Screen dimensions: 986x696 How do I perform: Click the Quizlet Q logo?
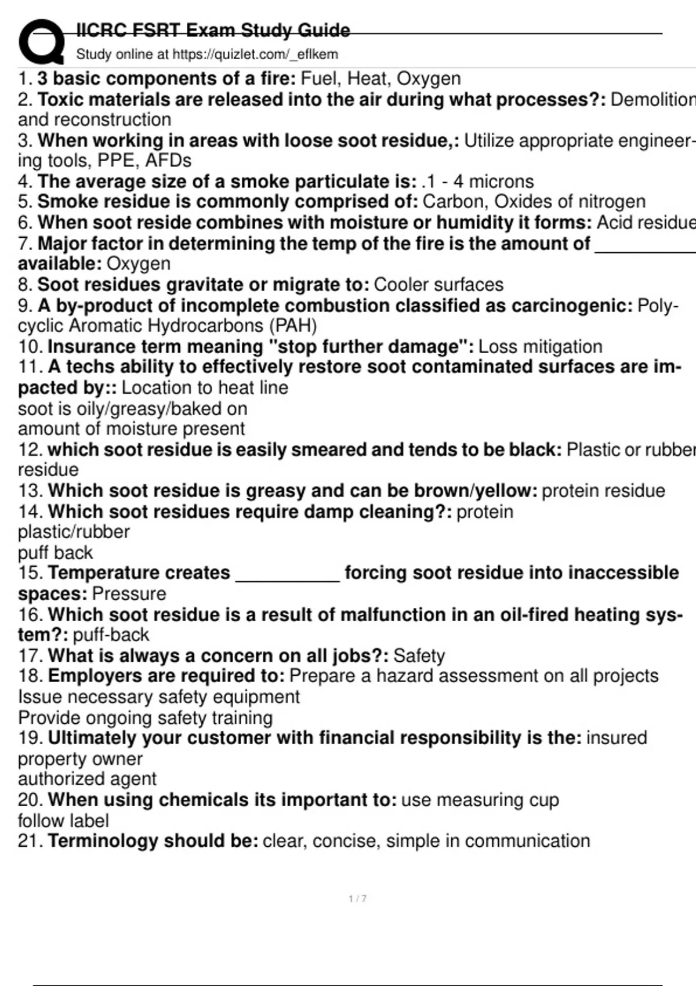click(x=41, y=42)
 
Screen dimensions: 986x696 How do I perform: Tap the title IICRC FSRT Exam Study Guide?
click(x=213, y=30)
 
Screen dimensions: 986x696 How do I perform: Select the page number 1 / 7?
click(x=357, y=898)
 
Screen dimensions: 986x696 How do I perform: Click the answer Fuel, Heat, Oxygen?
click(x=380, y=78)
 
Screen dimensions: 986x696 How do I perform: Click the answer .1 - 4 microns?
click(x=478, y=182)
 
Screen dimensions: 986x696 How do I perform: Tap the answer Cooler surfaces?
click(x=438, y=285)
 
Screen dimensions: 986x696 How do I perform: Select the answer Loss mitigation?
click(x=540, y=347)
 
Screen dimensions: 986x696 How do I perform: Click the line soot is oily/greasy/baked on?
click(x=132, y=409)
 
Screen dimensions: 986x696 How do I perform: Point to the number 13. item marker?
click(x=30, y=491)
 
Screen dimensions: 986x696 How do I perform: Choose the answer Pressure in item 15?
click(x=129, y=594)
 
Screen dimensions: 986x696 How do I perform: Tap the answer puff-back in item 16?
click(x=111, y=635)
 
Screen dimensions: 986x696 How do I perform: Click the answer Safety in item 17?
click(x=419, y=656)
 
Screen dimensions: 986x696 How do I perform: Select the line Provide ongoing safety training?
click(x=145, y=718)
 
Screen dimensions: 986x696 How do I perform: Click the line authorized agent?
click(x=87, y=779)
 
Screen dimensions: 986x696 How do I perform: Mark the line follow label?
click(x=63, y=821)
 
